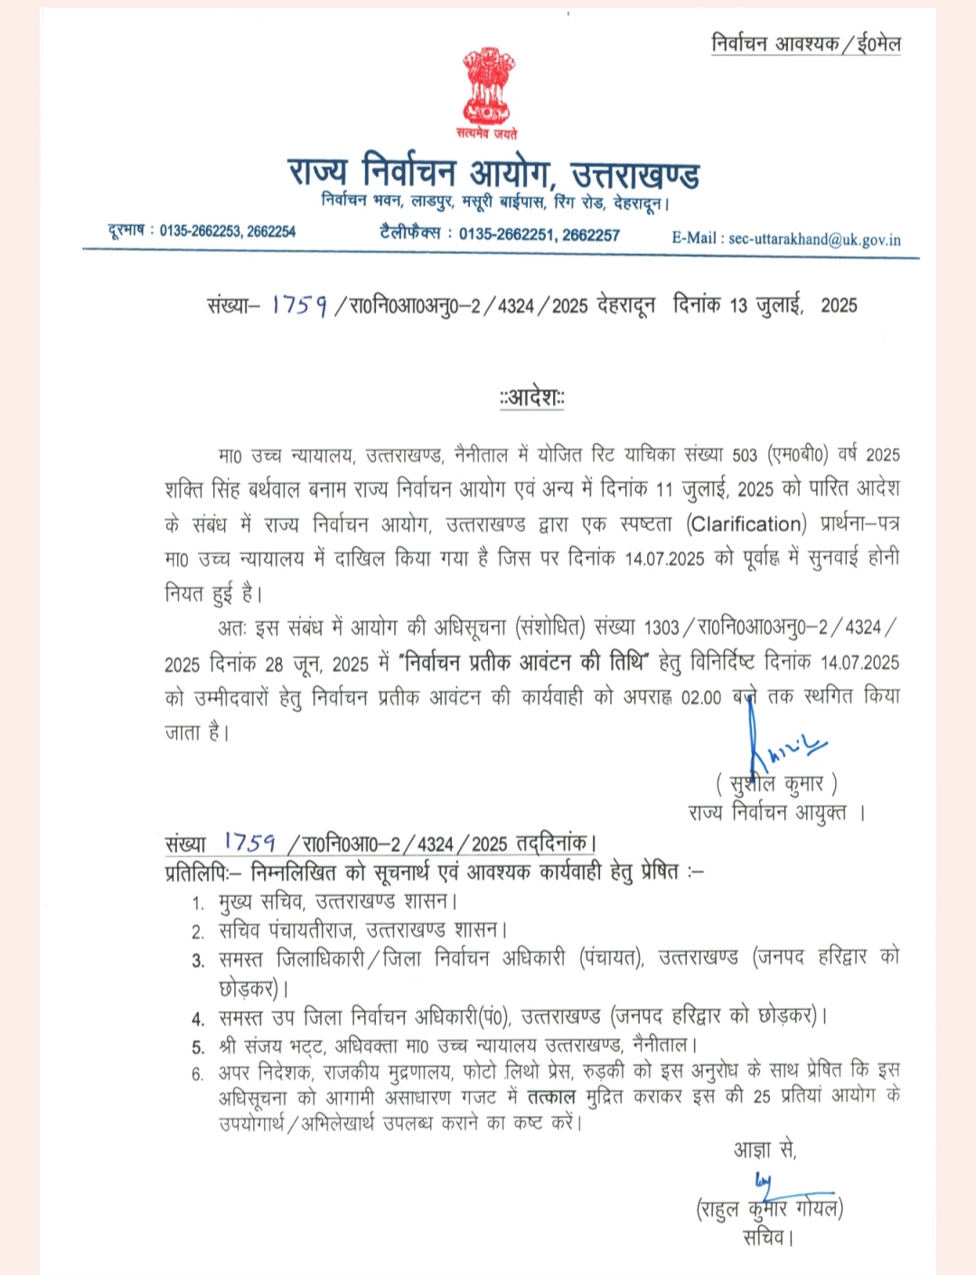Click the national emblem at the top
point(488,90)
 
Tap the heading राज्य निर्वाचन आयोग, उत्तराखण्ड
point(493,172)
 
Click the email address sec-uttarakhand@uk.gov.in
point(814,240)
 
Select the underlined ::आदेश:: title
point(532,397)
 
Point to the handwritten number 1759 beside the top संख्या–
point(299,306)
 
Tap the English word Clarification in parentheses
point(746,524)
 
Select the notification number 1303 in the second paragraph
point(662,628)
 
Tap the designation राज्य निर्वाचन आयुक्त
point(767,812)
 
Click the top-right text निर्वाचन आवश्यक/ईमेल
point(806,43)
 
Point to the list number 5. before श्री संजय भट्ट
point(198,1048)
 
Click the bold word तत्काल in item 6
point(551,1098)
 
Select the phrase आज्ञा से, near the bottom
point(765,1150)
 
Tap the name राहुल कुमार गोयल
point(769,1208)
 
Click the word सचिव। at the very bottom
point(768,1237)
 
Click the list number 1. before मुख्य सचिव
point(198,903)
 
